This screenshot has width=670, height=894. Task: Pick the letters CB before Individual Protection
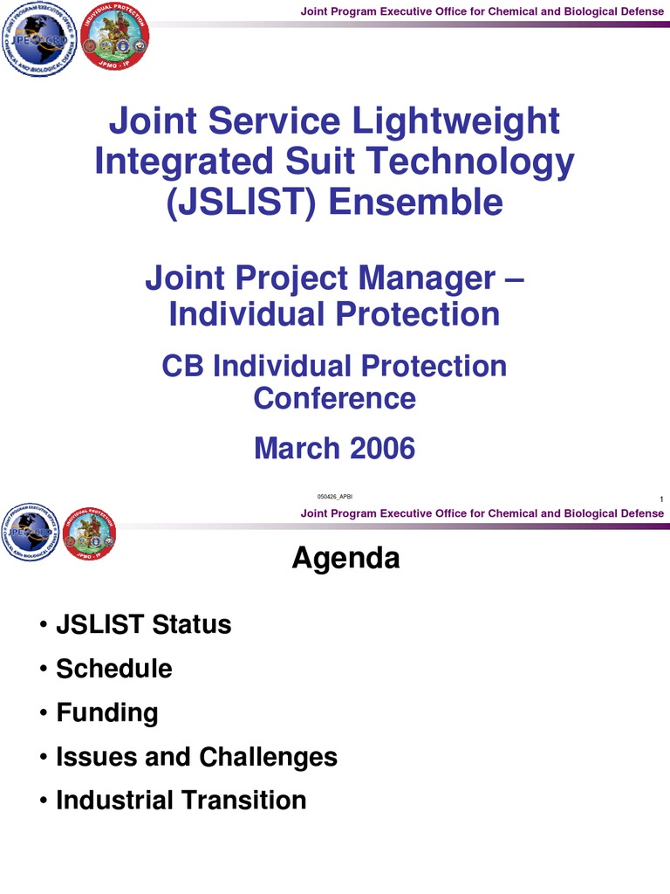pos(183,366)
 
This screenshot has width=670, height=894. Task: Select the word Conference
pos(335,398)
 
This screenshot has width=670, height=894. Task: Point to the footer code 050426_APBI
pos(335,497)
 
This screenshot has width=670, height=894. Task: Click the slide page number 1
pos(662,499)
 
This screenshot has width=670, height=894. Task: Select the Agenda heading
pos(345,558)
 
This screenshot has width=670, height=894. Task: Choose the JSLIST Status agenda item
pos(143,624)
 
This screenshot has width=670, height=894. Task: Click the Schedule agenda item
pos(113,669)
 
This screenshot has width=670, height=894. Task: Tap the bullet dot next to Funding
pos(43,713)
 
